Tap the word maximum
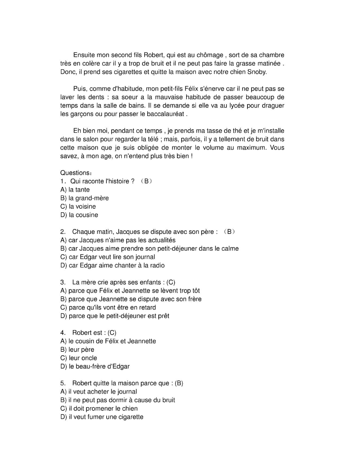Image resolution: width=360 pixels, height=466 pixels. tap(247, 147)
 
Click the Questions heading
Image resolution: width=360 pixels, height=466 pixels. tap(76, 173)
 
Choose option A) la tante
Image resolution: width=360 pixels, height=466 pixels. tap(75, 190)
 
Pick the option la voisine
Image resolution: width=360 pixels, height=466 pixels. tap(78, 207)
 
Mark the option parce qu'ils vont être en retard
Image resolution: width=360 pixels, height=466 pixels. tap(108, 307)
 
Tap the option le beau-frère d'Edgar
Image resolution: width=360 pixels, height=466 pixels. tap(95, 366)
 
